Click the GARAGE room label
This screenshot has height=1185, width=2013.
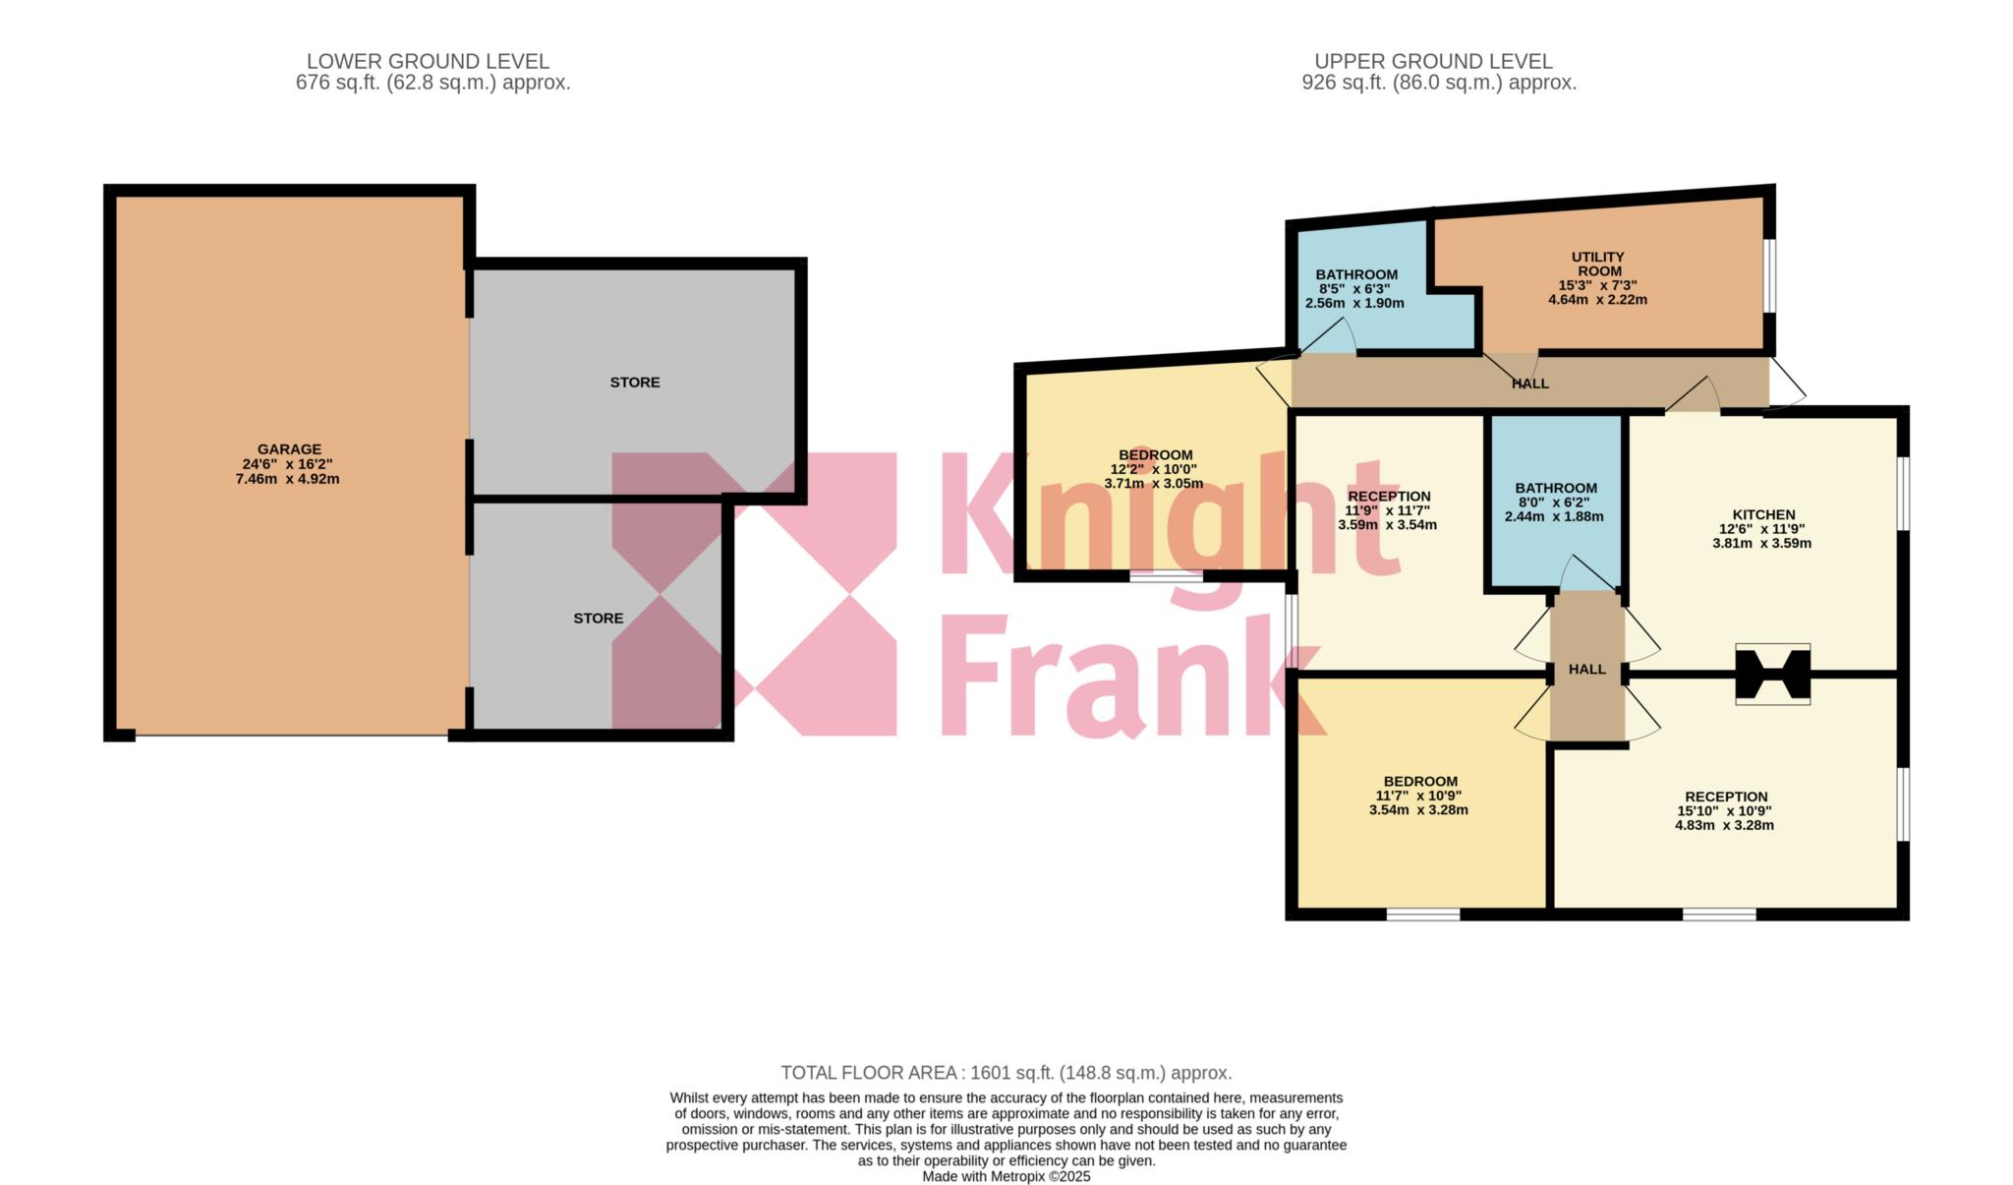289,449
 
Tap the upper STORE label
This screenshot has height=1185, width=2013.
634,382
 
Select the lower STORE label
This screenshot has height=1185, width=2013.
598,618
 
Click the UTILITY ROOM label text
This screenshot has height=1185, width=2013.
1597,264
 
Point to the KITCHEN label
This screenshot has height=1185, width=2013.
1762,514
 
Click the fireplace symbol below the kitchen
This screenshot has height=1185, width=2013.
1772,675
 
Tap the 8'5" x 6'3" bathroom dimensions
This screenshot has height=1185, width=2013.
1354,289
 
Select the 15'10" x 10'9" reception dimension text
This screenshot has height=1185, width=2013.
1724,811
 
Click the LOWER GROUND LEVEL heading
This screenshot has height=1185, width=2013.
428,61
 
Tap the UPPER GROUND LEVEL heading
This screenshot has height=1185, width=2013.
1433,61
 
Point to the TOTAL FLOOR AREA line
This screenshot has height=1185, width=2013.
1006,1073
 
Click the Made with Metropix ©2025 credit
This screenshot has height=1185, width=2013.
1006,1176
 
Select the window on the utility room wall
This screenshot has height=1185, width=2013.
1768,276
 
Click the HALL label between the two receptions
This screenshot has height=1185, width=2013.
1586,669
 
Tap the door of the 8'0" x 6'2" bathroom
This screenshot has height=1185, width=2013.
1583,574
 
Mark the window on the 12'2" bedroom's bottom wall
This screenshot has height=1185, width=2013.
1166,576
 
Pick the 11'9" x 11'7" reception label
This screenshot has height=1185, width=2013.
1388,497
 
